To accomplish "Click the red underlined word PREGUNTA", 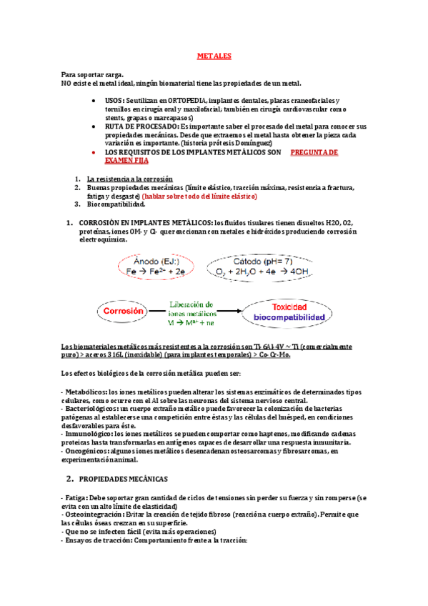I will coord(314,153).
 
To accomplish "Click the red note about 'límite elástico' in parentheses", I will coord(199,196).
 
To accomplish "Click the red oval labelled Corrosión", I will coord(124,312).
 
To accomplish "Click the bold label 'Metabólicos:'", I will coord(85,392).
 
